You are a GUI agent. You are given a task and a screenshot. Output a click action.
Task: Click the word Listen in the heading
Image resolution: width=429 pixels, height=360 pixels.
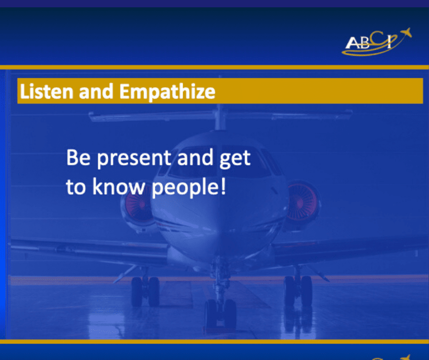pyautogui.click(x=47, y=91)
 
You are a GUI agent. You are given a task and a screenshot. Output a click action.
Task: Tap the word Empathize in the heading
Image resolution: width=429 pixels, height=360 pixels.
pyautogui.click(x=167, y=92)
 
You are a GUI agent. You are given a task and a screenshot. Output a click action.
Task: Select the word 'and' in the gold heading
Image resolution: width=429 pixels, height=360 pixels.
pyautogui.click(x=96, y=91)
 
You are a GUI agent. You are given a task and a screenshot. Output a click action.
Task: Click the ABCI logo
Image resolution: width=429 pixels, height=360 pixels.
pyautogui.click(x=377, y=42)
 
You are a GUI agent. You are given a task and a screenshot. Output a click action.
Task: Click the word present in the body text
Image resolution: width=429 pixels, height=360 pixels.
pyautogui.click(x=134, y=159)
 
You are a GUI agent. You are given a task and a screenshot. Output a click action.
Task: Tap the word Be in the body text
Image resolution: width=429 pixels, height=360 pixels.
pyautogui.click(x=78, y=157)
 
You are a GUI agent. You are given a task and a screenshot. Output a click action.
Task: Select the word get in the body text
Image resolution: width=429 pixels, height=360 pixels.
pyautogui.click(x=235, y=159)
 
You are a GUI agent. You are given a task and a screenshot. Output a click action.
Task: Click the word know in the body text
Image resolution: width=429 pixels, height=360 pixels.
pyautogui.click(x=119, y=186)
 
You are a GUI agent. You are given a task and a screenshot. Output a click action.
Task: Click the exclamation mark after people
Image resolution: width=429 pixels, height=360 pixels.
pyautogui.click(x=223, y=186)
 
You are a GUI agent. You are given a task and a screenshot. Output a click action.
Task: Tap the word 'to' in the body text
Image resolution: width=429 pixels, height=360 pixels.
pyautogui.click(x=76, y=187)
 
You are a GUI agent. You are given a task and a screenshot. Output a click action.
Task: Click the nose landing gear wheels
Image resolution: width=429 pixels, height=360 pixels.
pyautogui.click(x=220, y=313)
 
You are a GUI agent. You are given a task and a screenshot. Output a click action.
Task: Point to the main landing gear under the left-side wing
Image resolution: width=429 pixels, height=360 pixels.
pyautogui.click(x=145, y=291)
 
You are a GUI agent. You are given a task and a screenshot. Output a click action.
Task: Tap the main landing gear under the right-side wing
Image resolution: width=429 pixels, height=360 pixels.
pyautogui.click(x=298, y=291)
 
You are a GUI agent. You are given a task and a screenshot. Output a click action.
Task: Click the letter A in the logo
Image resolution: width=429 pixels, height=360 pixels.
pyautogui.click(x=352, y=43)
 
